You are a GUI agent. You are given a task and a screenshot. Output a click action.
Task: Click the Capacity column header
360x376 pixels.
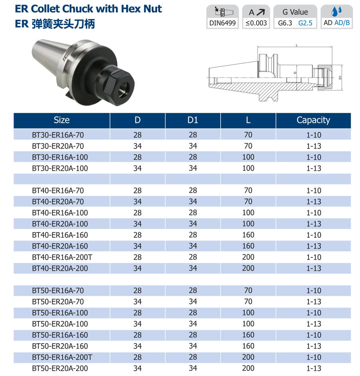click(x=313, y=120)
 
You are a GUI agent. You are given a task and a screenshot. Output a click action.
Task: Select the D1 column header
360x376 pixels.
click(x=193, y=120)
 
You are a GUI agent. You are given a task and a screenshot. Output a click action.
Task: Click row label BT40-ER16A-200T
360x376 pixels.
click(x=62, y=257)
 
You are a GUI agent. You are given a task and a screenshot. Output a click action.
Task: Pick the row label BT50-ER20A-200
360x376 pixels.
click(x=60, y=368)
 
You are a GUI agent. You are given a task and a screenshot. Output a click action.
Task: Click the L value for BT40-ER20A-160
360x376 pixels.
click(x=248, y=246)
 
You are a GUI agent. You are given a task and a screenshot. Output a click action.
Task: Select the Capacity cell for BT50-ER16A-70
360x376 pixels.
click(x=313, y=290)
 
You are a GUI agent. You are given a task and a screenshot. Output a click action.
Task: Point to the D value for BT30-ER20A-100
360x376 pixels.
click(x=137, y=168)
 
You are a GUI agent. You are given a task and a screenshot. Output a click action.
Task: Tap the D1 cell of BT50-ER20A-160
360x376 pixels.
click(x=193, y=346)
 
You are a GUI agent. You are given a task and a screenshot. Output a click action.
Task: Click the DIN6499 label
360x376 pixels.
click(x=223, y=23)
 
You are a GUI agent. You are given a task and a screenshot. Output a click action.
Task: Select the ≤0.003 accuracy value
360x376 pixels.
click(x=256, y=23)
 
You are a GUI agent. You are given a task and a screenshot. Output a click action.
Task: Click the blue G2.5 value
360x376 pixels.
click(x=305, y=23)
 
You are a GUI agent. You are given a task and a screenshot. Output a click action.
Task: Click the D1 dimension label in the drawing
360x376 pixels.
click(x=340, y=76)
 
